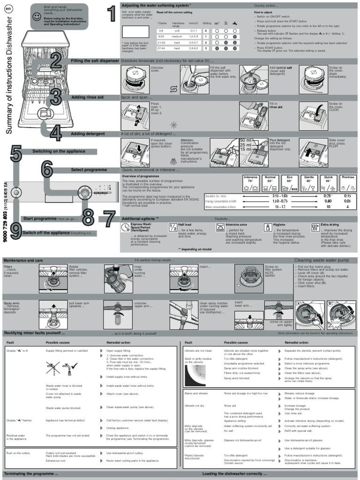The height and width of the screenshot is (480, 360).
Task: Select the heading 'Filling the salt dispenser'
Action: coord(95,61)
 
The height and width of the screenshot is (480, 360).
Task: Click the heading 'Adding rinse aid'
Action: coord(89,97)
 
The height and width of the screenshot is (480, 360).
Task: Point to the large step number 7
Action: coord(109,219)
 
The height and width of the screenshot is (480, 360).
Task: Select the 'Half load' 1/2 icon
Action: coord(172,227)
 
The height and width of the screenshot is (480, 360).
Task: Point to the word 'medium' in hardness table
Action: coord(177,36)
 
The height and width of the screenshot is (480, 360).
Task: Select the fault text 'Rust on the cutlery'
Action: coord(17,453)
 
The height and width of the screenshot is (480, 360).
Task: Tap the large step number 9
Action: coord(15,231)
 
